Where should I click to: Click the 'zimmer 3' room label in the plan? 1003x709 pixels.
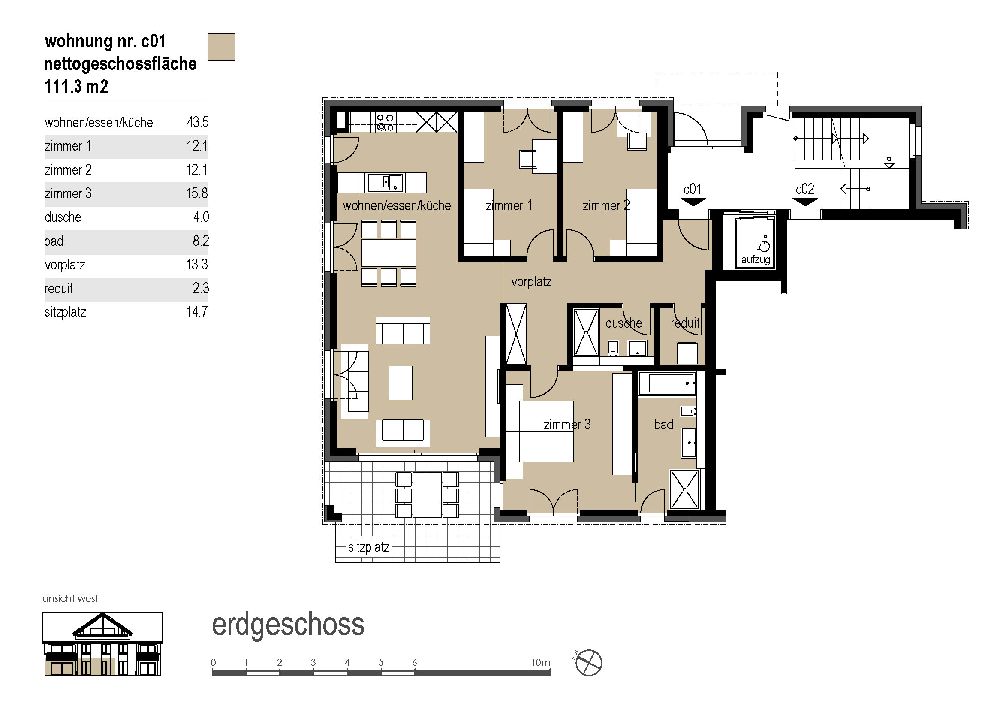[567, 425]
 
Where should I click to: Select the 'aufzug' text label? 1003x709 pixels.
[755, 260]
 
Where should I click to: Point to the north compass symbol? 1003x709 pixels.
[588, 663]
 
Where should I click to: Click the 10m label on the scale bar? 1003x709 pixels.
[540, 662]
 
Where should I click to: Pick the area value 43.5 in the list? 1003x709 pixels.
[197, 122]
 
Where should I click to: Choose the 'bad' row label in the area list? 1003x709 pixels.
[54, 241]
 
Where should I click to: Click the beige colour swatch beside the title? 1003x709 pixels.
[221, 47]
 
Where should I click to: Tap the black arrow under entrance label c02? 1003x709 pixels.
[805, 202]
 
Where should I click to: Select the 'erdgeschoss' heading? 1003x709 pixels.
[288, 625]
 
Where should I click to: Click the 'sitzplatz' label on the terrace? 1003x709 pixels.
[369, 547]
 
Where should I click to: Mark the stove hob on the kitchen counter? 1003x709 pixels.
[386, 122]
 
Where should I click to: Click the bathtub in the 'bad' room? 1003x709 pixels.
[667, 383]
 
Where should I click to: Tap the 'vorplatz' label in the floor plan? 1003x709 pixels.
[531, 281]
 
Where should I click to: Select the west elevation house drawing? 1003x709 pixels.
[102, 644]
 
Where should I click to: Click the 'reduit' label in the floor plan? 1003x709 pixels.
[685, 323]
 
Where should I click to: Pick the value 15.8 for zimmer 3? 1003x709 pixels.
[197, 193]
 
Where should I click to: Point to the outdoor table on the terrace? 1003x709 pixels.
[428, 495]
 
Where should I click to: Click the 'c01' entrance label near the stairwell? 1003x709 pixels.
[693, 189]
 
